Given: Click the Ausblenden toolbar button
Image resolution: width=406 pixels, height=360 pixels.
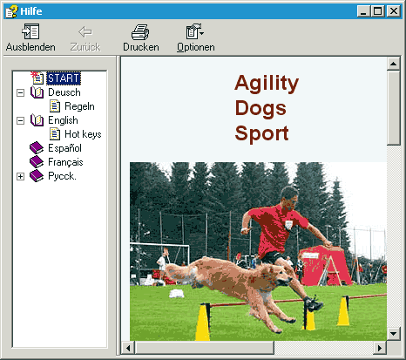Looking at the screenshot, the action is tap(30, 37).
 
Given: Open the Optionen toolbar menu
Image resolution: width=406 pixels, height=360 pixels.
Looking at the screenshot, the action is tap(196, 37).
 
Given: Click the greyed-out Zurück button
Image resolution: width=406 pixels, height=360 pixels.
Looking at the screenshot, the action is tap(85, 37).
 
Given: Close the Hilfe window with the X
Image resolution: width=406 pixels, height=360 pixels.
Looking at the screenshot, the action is tap(394, 11).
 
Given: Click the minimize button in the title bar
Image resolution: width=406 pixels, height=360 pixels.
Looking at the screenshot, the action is tap(363, 11).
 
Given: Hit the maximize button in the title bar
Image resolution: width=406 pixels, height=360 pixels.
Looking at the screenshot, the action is tap(377, 11).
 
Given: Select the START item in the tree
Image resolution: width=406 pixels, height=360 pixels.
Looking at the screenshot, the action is tap(64, 78).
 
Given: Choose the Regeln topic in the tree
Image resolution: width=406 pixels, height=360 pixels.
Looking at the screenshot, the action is tap(79, 106).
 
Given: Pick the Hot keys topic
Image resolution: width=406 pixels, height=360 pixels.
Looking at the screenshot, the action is tap(83, 134).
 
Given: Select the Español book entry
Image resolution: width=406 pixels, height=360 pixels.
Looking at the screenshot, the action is tap(64, 148).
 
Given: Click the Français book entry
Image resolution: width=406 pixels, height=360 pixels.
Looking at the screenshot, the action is tap(65, 162).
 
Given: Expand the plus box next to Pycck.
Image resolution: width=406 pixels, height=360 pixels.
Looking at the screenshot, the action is tap(20, 176).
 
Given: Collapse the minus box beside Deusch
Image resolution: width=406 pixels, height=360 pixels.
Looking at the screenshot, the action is tap(20, 92).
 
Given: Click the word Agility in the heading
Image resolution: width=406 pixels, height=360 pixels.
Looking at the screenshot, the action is tap(267, 84).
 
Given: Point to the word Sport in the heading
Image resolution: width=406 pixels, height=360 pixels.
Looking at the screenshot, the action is tap(261, 133).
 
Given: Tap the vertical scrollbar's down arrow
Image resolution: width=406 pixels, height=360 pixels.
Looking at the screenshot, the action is tap(394, 334).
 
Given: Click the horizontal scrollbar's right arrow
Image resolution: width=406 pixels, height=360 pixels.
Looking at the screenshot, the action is tap(380, 348).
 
